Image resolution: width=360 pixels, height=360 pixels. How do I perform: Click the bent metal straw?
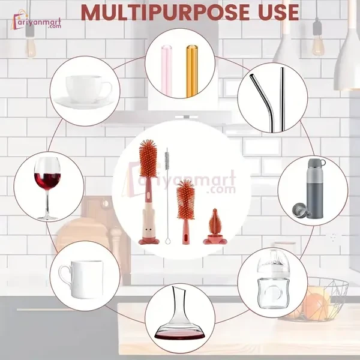pyautogui.click(x=259, y=96)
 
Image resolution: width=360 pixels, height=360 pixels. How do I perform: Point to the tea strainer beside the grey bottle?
pyautogui.click(x=298, y=211)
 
